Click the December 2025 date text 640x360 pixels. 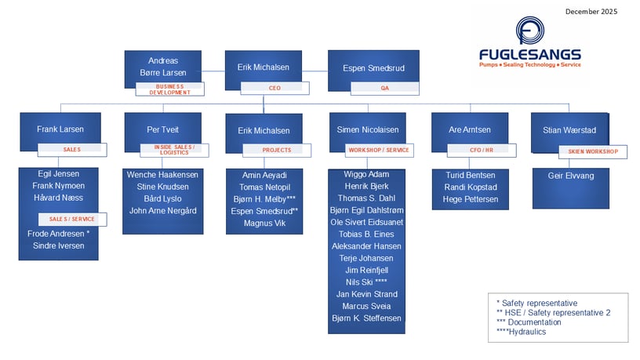tap(591, 12)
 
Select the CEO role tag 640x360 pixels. tap(274, 89)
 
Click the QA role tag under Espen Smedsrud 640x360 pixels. tap(384, 89)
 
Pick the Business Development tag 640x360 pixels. tap(169, 89)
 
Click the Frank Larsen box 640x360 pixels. tap(60, 129)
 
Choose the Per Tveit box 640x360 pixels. tap(162, 129)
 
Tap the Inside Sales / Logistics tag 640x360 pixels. tap(172, 149)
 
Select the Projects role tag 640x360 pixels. tap(275, 150)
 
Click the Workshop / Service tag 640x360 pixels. tap(377, 150)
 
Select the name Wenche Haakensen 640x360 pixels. tap(162, 174)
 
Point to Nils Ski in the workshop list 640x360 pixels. tap(367, 282)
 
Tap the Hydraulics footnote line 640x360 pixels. tap(521, 332)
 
